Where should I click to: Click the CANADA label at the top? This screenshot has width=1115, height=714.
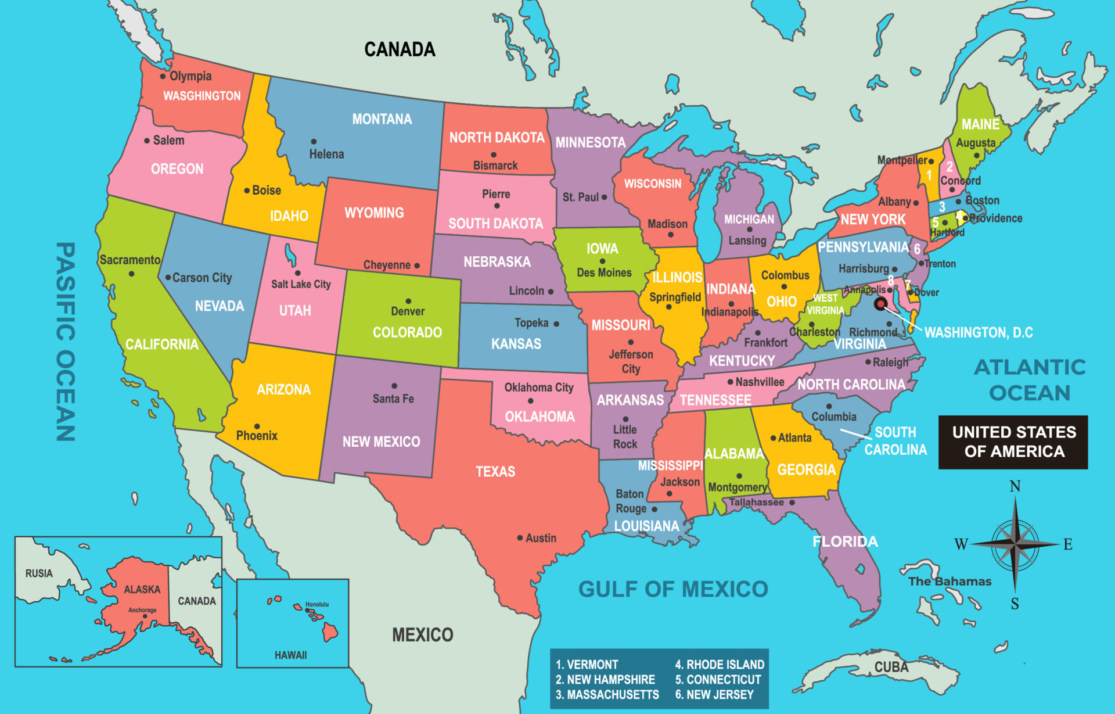(x=400, y=49)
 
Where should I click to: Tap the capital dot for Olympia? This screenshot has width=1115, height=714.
(x=163, y=76)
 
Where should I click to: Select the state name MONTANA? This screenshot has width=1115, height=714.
(x=382, y=119)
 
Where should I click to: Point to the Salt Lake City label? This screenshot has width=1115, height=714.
(x=301, y=284)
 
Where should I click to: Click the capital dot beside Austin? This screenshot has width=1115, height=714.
(x=520, y=538)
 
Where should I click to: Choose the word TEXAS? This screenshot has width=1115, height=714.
(x=495, y=471)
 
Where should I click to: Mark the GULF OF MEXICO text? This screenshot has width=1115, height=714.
(x=673, y=589)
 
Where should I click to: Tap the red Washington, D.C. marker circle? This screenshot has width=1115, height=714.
(x=880, y=304)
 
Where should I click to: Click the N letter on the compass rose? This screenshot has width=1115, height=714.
(x=1015, y=486)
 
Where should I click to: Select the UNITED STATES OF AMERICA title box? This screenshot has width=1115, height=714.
(x=1013, y=442)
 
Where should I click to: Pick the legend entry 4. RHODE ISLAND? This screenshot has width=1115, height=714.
(x=720, y=665)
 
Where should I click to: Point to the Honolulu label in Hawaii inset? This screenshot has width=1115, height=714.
(x=317, y=605)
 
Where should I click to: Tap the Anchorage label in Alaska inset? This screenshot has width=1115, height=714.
(x=142, y=610)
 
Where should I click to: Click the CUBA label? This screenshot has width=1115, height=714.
(x=891, y=667)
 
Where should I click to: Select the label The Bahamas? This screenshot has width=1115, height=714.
(x=949, y=582)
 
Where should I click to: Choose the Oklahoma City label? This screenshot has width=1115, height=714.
(x=538, y=388)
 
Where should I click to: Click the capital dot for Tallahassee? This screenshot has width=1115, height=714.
(x=792, y=502)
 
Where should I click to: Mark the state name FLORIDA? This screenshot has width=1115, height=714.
(x=845, y=541)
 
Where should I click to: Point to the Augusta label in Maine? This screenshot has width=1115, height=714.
(x=976, y=143)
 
